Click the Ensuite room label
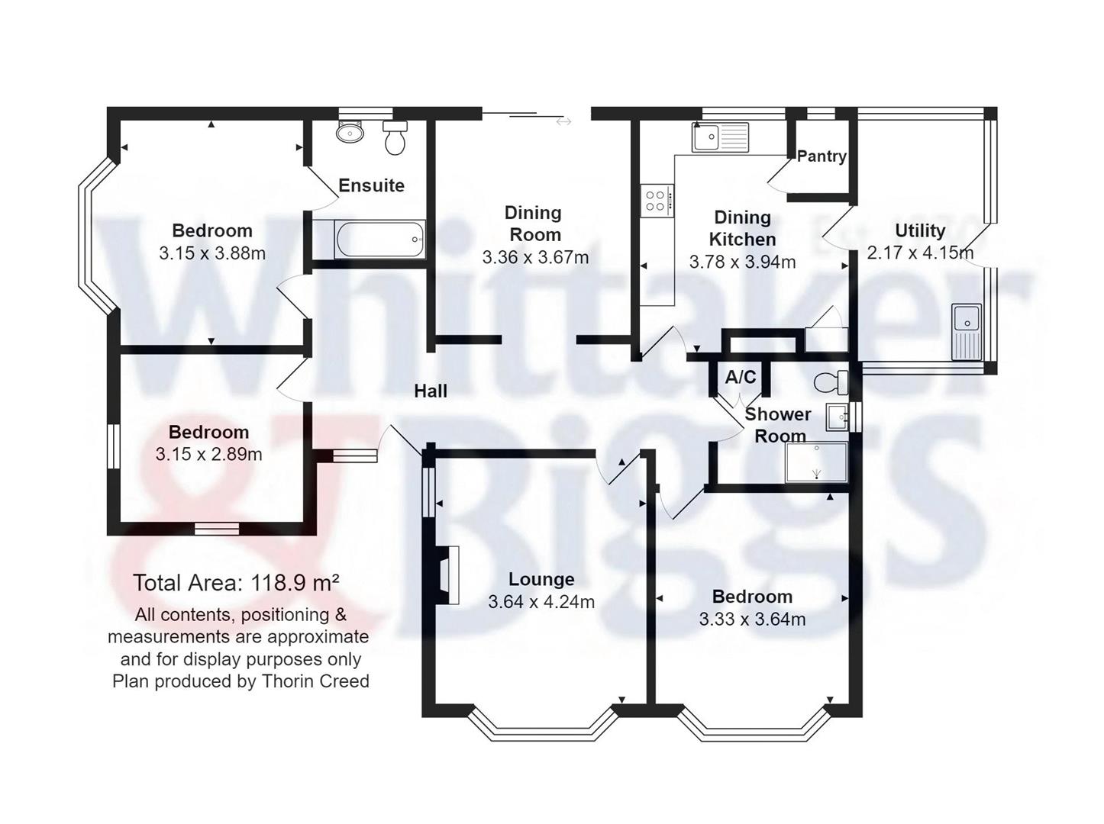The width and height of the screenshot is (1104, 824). point(371,185)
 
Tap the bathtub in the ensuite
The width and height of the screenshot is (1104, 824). point(379,240)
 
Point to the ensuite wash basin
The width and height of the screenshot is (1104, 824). point(350,132)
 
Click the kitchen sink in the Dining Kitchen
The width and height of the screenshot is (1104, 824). point(721,137)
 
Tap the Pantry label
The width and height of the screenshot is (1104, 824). point(822,156)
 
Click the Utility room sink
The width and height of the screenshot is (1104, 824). point(967,330)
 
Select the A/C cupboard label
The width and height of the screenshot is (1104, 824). point(740,377)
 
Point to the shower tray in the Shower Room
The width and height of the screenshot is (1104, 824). point(816,462)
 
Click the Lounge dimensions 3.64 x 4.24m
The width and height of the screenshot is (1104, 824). point(541,602)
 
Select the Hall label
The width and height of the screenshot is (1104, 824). point(431,391)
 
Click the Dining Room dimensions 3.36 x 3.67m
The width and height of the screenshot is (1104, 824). point(535,258)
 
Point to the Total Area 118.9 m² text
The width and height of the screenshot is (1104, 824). point(236,584)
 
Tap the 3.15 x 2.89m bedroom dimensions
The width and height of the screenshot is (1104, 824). point(208,455)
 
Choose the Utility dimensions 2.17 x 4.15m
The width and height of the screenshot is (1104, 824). point(920,253)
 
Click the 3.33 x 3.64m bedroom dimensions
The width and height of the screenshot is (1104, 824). point(752,620)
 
